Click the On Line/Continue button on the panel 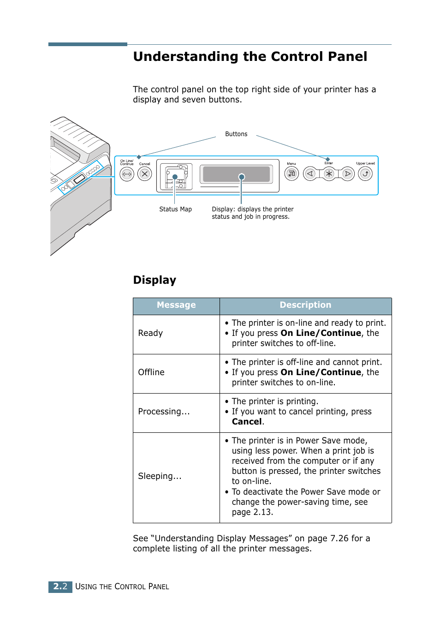tap(127, 174)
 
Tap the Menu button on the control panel tap(291, 173)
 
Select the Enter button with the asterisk tap(328, 174)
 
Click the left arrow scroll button tap(310, 174)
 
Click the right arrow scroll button tap(347, 174)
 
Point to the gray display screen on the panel tap(236, 174)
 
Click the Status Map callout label tap(175, 209)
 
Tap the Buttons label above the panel tap(236, 134)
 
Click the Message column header tap(176, 305)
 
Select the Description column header tap(305, 305)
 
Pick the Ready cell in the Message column tap(150, 333)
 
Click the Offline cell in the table tap(151, 372)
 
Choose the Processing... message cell tap(164, 412)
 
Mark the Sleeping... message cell tap(160, 476)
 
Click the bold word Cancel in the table tap(247, 422)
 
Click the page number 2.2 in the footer tap(60, 586)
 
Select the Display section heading tap(155, 280)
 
